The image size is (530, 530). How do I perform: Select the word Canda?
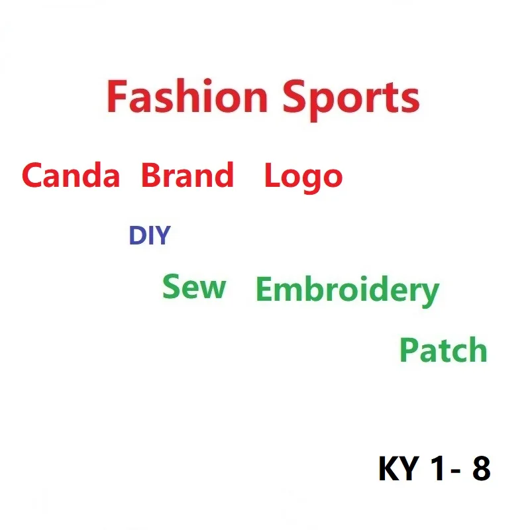pos(70,176)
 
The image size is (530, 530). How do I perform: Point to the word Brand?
pos(187,176)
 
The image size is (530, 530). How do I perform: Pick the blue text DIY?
pos(149,236)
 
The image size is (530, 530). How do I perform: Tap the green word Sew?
pos(194,287)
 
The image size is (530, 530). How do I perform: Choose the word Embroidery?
pos(347,291)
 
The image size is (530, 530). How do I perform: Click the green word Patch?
pos(443,350)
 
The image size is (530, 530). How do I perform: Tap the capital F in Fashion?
pos(117,97)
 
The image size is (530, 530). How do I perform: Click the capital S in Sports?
pos(295,97)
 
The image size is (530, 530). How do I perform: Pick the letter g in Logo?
pos(312,180)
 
